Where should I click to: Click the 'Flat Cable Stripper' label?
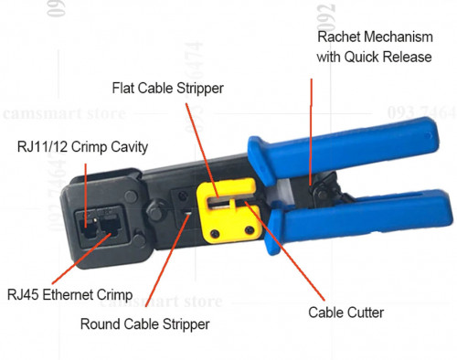point(167,89)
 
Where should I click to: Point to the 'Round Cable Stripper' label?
point(145,323)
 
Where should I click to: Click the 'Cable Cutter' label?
point(345,312)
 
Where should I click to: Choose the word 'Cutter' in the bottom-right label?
point(365,312)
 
